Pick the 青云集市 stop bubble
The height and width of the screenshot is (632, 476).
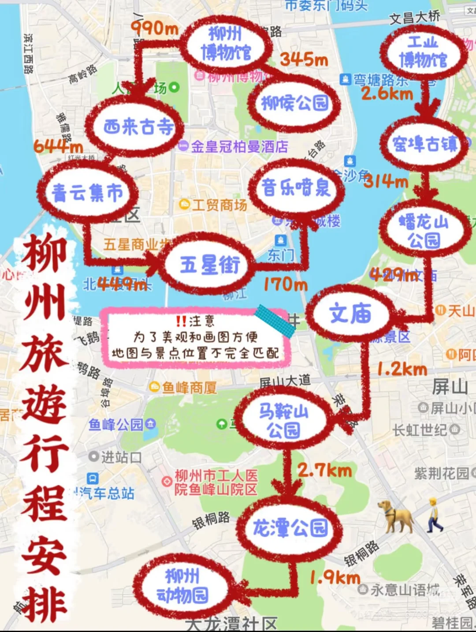(87, 192)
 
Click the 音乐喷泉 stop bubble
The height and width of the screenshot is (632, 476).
(296, 188)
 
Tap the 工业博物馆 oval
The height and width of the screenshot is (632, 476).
(423, 52)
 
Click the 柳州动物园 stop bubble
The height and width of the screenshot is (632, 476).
(182, 586)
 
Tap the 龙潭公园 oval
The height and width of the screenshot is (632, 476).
(290, 528)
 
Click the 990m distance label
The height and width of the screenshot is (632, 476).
(155, 29)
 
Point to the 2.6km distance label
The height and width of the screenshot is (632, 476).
(387, 93)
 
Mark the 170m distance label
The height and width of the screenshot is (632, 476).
(286, 284)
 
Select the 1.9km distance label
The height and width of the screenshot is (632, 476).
(335, 577)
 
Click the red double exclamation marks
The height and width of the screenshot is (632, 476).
(181, 321)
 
